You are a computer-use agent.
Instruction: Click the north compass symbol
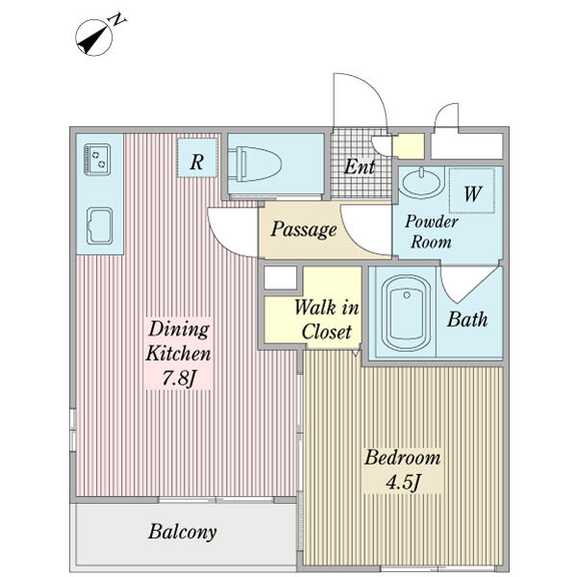coord(94,38)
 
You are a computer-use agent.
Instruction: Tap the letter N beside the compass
coord(118,19)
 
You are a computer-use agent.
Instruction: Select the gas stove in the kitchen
coord(97,160)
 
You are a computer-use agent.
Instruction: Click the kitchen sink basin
coord(99,226)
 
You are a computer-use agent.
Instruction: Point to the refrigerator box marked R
coord(197,157)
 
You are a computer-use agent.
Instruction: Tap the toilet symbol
coord(255,163)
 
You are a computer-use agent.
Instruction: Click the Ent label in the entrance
coord(360,166)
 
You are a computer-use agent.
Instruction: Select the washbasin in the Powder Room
coord(421,182)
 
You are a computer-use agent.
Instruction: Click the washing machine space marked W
coord(472,190)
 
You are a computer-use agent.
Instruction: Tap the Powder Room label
coord(431,232)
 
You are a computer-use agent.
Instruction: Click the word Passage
coord(304,230)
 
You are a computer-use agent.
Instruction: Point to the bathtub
coord(406,313)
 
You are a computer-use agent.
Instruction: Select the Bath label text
coord(467,319)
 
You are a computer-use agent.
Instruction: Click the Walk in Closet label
coord(326,319)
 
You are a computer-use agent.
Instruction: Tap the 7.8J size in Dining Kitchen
coord(179,378)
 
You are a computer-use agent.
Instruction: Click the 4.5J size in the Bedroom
coord(403,482)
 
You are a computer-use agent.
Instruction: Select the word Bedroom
coord(403,458)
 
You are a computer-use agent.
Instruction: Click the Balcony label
coord(183,532)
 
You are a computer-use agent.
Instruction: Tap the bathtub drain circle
coord(407,295)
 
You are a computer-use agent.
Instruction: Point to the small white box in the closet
coord(281,278)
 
